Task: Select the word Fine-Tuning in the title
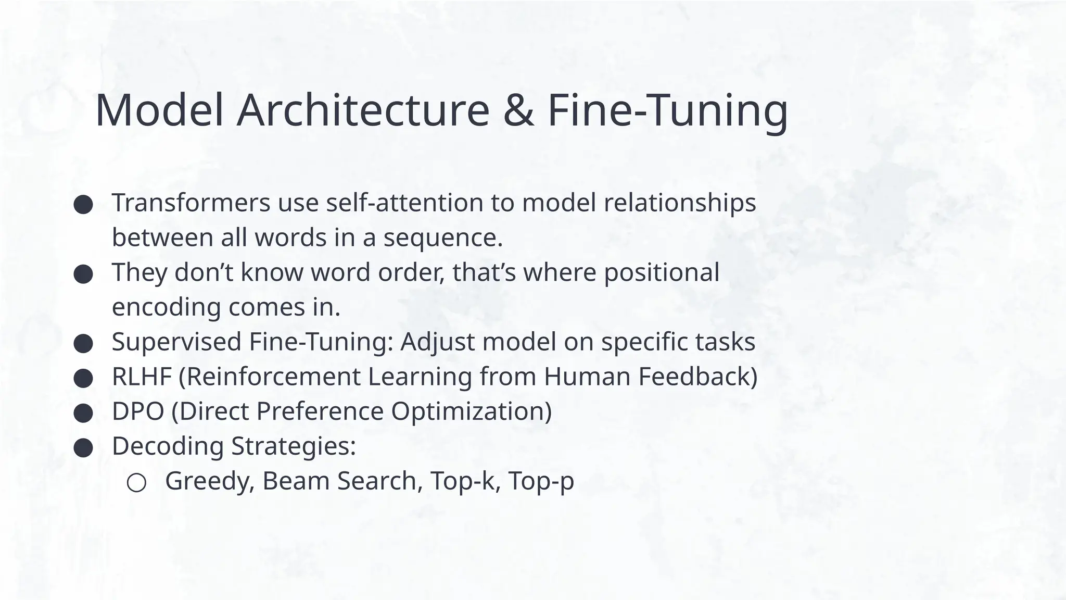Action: (x=668, y=111)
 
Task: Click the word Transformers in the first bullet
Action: (x=191, y=203)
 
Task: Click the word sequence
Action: (x=442, y=239)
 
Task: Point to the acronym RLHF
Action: (x=142, y=377)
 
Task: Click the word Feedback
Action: (x=697, y=377)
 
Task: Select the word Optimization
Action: (x=471, y=412)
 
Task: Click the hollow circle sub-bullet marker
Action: (x=136, y=483)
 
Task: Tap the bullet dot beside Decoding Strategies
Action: (x=83, y=448)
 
